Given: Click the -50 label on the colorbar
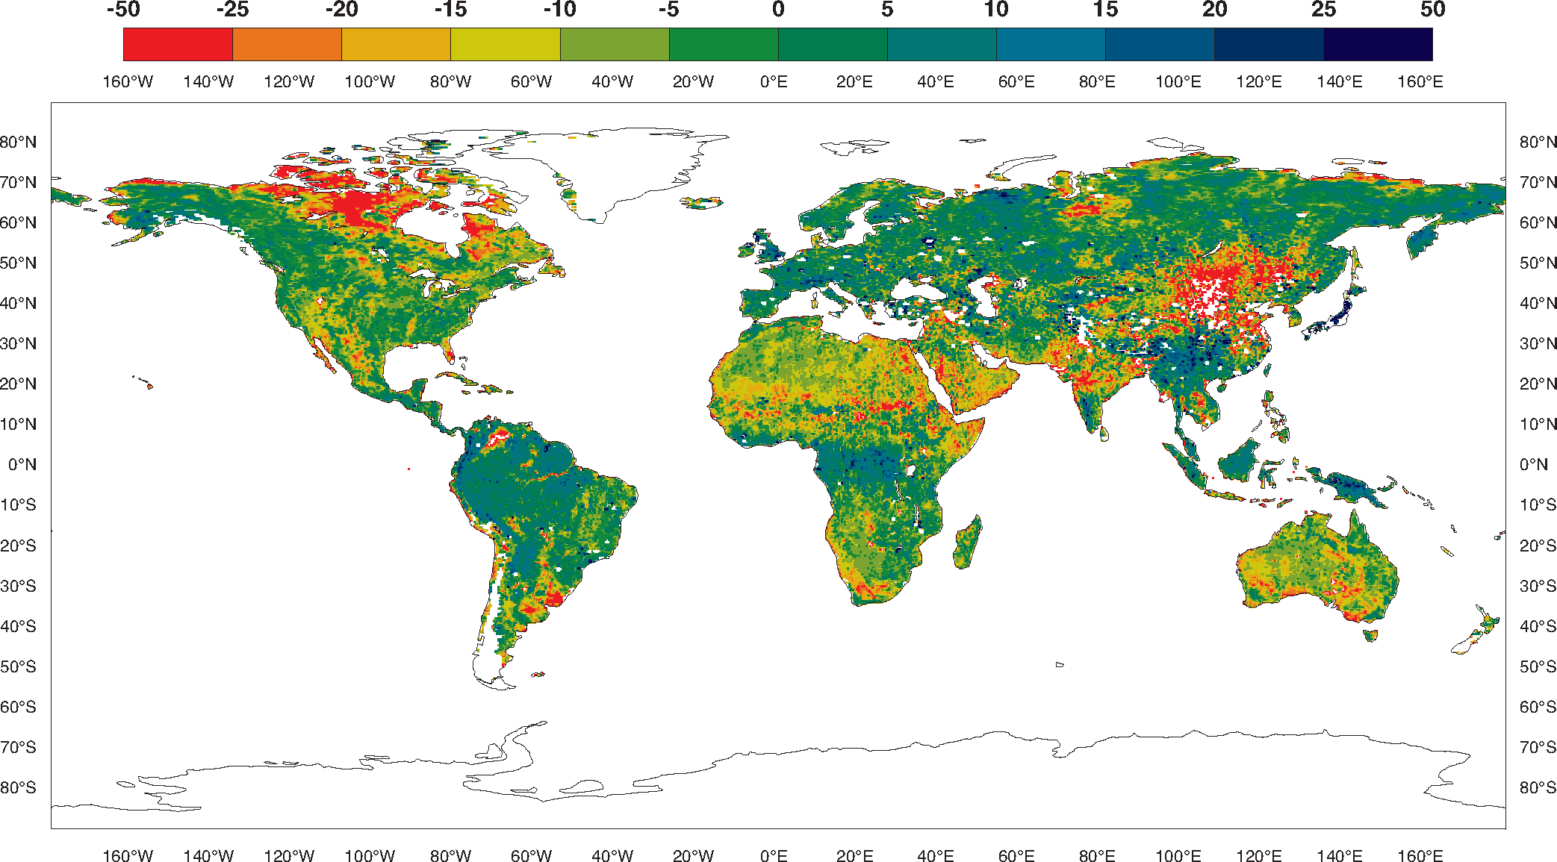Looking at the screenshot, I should tap(123, 10).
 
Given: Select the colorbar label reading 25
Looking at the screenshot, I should tap(1323, 10).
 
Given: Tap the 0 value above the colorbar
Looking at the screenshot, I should tap(778, 10).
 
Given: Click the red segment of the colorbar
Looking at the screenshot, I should tap(178, 44).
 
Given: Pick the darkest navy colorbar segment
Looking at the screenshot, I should tap(1378, 44).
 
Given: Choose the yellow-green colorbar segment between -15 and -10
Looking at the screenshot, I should tap(506, 44).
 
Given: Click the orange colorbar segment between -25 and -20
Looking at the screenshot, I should tap(287, 44).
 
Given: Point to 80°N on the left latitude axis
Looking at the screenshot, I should tap(18, 142).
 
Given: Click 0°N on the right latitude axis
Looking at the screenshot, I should tap(1534, 464).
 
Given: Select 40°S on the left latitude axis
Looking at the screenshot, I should tap(18, 626).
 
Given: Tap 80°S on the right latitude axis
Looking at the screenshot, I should tap(1538, 787).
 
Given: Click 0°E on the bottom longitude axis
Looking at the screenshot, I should tap(774, 855).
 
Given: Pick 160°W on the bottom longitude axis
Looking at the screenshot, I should tap(128, 855).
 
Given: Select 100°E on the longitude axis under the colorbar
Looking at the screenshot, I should tap(1178, 81).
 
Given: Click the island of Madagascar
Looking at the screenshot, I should tap(968, 543).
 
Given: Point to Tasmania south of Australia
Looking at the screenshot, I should tap(1370, 635).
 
